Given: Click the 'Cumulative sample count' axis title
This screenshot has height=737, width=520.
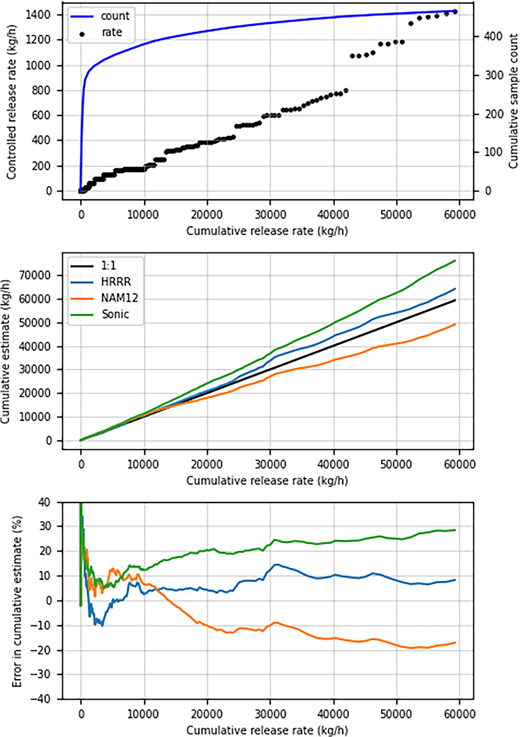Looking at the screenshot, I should [x=507, y=101].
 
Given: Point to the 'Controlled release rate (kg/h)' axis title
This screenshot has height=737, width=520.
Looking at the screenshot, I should [x=11, y=101].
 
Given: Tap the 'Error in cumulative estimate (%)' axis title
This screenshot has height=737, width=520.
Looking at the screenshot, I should [x=11, y=600].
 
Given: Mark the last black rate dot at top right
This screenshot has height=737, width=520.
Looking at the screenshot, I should [x=455, y=12].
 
